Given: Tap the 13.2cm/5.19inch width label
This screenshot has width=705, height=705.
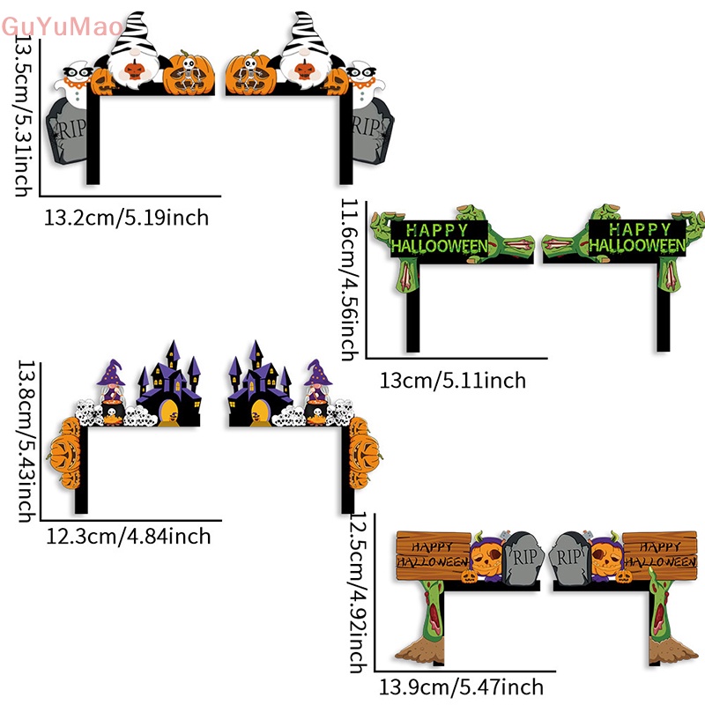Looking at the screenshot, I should pyautogui.click(x=127, y=217).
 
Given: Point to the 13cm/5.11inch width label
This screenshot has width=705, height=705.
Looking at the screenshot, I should pyautogui.click(x=453, y=381).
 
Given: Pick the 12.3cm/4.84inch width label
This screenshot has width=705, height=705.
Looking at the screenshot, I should pyautogui.click(x=129, y=535).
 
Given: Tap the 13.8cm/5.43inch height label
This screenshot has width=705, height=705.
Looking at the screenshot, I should pyautogui.click(x=27, y=441).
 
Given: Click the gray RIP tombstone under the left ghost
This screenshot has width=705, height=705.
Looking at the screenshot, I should pyautogui.click(x=67, y=131).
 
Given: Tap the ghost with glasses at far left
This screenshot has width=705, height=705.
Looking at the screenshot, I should pyautogui.click(x=70, y=84).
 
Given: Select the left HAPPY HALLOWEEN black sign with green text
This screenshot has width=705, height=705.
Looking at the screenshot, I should pyautogui.click(x=439, y=236).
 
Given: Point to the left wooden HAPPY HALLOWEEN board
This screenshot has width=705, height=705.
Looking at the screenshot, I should pyautogui.click(x=434, y=552).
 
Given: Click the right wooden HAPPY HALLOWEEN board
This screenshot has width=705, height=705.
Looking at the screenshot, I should pyautogui.click(x=660, y=552).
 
